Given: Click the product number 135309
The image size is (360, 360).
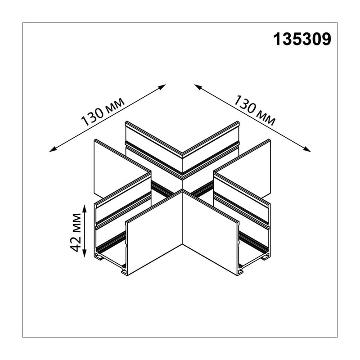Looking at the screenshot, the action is pos(302,39).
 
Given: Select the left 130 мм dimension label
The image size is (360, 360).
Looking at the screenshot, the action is pos(103,112).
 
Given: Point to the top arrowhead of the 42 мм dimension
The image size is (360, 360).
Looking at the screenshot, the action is pos(85,208).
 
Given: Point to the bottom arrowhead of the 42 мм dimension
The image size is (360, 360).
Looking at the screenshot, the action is pos(85,253).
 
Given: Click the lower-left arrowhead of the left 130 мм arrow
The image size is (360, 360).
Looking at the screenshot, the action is pos(53,150).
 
